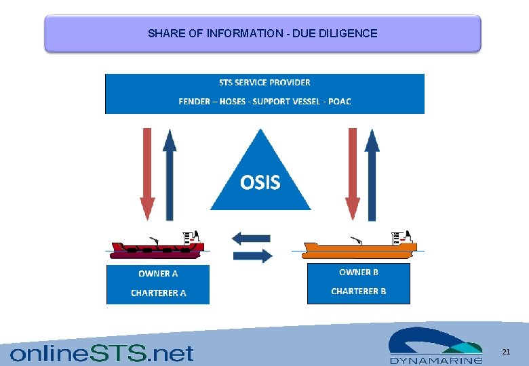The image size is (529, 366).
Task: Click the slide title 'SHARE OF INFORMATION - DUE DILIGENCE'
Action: pos(262,33)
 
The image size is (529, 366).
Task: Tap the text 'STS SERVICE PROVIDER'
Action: pos(264,83)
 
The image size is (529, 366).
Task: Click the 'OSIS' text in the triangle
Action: pos(260,182)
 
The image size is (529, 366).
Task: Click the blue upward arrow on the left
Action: pos(170,174)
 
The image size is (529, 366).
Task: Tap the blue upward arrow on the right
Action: pos(372,174)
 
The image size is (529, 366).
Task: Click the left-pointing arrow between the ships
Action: pos(251,239)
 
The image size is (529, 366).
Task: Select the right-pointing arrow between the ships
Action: pos(252,256)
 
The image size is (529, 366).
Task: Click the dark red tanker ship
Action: pos(157,248)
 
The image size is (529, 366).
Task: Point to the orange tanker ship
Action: pos(359,248)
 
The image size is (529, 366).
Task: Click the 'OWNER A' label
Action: pos(158,274)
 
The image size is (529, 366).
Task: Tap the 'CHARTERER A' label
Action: pos(158,293)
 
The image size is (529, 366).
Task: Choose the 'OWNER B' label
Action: pos(359,272)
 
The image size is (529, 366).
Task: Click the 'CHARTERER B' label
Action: pos(359,291)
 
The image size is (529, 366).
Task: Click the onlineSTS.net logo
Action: pos(102,353)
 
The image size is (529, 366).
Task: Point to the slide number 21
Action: pos(505,352)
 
